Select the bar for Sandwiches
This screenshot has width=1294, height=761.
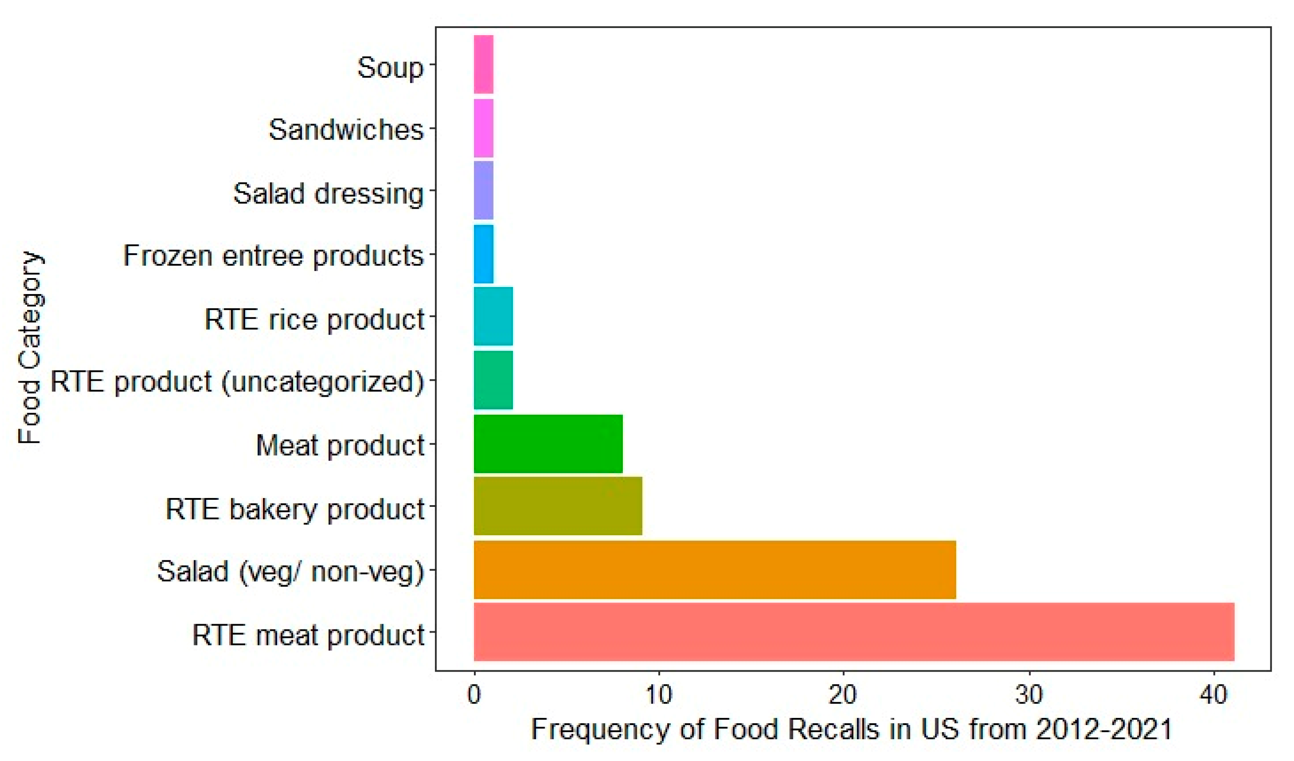(483, 128)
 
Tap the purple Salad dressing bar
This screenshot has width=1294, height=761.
(483, 191)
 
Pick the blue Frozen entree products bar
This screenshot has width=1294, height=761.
(483, 254)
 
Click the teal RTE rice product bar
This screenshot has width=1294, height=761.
(493, 316)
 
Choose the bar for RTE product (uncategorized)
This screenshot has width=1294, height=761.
(493, 380)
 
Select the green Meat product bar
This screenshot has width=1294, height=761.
(548, 444)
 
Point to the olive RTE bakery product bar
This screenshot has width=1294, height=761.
(557, 506)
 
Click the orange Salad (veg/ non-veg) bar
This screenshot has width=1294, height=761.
(715, 570)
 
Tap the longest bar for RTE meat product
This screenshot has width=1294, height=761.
(853, 632)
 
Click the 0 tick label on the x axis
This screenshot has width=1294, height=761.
(474, 695)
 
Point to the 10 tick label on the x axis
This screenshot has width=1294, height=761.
(658, 695)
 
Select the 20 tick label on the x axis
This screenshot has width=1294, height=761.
(843, 695)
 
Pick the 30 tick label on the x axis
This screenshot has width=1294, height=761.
(1029, 695)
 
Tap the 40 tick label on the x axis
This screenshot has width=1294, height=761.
(1214, 695)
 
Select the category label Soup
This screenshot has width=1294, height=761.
(390, 67)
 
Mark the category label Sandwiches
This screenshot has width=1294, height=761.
(346, 129)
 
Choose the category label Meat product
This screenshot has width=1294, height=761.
(340, 445)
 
